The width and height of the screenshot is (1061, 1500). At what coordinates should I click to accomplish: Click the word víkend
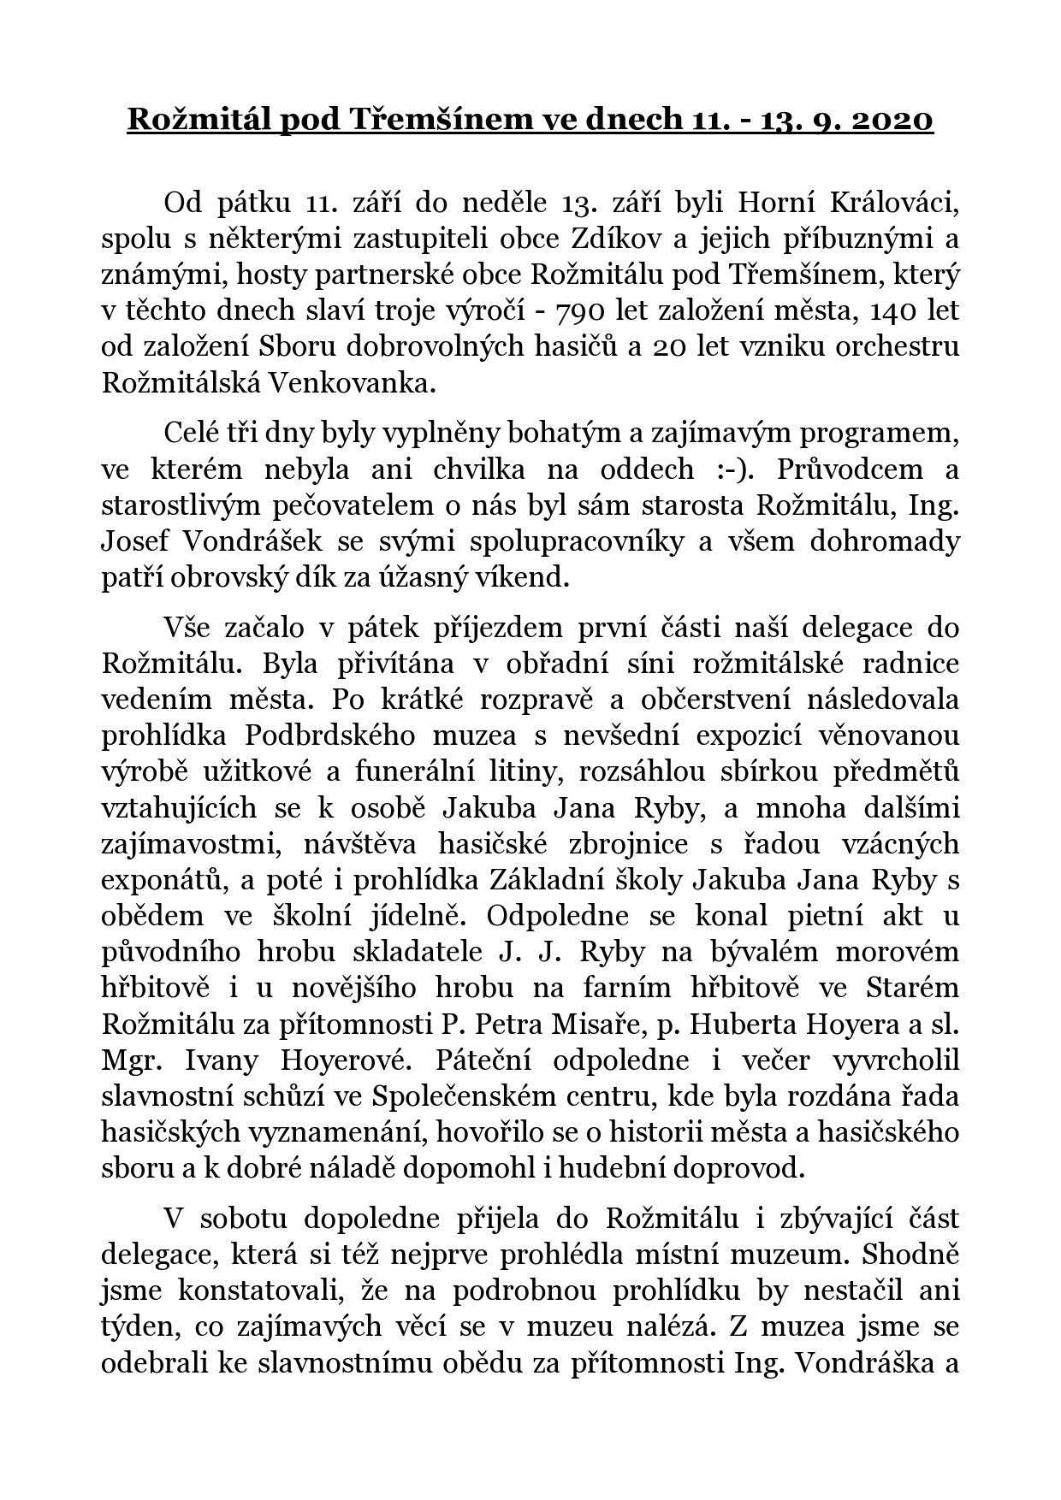(x=525, y=577)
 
